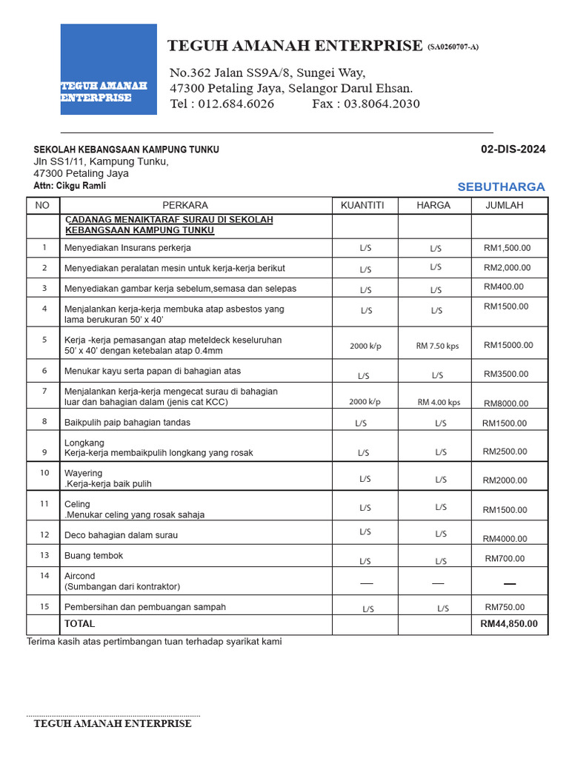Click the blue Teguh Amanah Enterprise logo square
click(x=108, y=69)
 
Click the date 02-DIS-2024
click(x=513, y=150)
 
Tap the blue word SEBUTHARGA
click(x=501, y=187)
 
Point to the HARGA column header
click(x=433, y=205)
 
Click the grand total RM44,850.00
click(x=509, y=624)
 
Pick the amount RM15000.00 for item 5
click(x=508, y=345)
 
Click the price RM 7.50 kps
click(x=437, y=346)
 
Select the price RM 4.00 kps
click(x=439, y=403)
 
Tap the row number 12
click(x=44, y=534)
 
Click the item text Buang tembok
click(x=93, y=555)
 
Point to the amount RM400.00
click(x=503, y=286)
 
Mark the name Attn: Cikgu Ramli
click(x=70, y=186)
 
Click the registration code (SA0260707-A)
click(x=453, y=47)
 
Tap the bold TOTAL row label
click(x=80, y=624)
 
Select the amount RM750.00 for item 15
click(x=505, y=607)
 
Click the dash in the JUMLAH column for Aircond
click(x=509, y=584)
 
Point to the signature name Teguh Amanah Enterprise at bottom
click(x=113, y=724)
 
